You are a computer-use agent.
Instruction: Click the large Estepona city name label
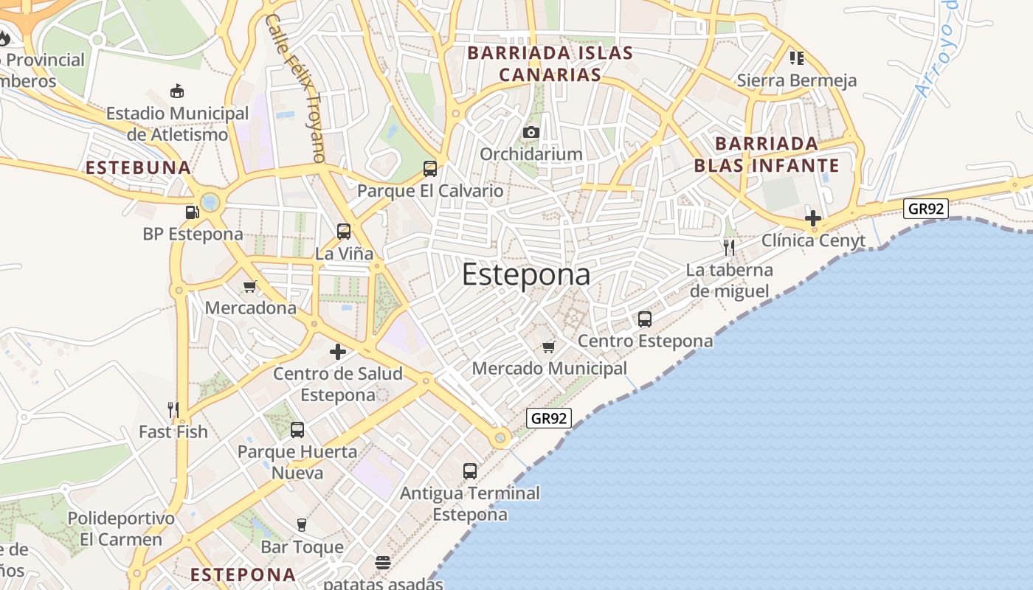526,275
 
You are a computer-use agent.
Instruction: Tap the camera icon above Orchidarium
531,132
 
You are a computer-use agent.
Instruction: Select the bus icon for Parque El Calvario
430,169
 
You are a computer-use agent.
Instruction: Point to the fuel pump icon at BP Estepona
192,212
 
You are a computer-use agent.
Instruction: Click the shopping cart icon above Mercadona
250,286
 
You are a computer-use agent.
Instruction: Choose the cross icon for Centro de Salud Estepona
338,352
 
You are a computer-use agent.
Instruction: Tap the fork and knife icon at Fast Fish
173,410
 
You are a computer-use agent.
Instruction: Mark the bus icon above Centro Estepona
645,319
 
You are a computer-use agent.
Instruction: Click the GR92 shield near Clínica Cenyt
926,209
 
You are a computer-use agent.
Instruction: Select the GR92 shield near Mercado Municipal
550,418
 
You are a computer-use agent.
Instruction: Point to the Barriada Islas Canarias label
550,63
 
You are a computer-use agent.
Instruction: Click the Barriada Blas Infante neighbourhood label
767,154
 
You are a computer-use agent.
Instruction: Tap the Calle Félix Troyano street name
294,88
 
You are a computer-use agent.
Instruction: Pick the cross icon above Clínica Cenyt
813,218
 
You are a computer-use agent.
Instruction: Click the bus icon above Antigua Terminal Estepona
470,471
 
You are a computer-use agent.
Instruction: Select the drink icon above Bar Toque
301,525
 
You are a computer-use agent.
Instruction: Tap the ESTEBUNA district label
139,167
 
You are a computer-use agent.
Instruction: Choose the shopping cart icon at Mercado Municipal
548,347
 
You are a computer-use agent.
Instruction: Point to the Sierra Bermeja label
797,80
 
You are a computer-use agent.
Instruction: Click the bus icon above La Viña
344,232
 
